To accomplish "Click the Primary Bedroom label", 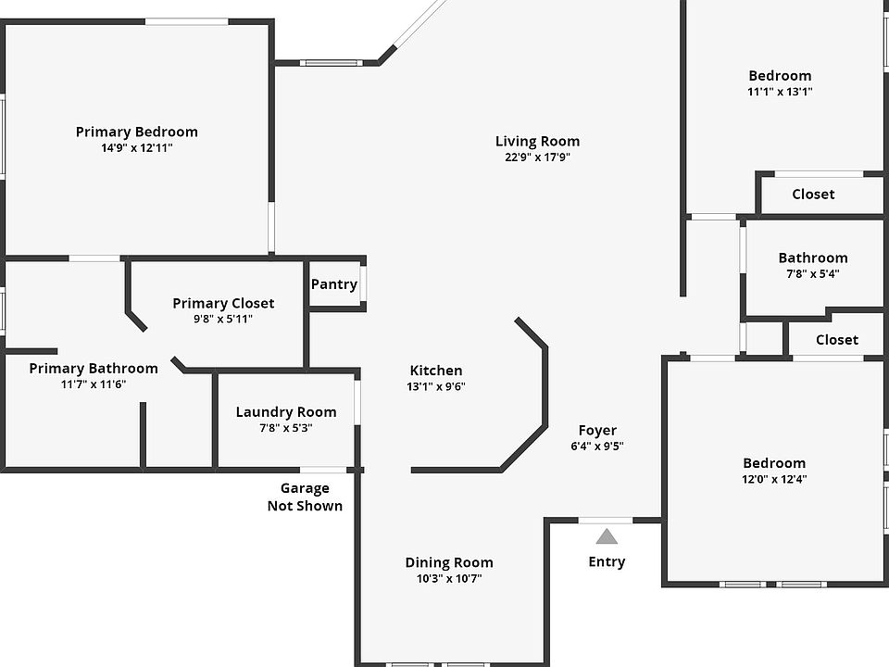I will coord(136,132).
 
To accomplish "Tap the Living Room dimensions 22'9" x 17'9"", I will coord(537,157).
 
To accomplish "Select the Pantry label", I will coord(333,284).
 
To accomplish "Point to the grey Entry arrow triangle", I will coord(607,536).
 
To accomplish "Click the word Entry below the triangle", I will coord(607,561).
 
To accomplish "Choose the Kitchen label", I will coord(435,371).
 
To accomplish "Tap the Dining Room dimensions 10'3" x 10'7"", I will coord(449,579).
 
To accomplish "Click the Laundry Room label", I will coord(286,412).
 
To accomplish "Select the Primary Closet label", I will coord(223,303).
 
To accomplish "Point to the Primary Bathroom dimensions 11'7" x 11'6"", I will coord(93,384).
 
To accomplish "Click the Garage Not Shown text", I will coord(305,497).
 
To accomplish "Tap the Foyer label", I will coord(597,430).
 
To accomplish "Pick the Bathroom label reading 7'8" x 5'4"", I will coord(812,258).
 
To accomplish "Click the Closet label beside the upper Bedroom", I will coord(813,194).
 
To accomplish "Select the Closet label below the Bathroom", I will coord(836,340).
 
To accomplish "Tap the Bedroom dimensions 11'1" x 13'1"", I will coord(780,92).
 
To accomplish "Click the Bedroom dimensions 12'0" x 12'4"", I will coord(774,479).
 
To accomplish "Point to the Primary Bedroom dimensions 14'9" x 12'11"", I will coord(136,147).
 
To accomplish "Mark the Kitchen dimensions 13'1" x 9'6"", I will coord(435,386).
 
